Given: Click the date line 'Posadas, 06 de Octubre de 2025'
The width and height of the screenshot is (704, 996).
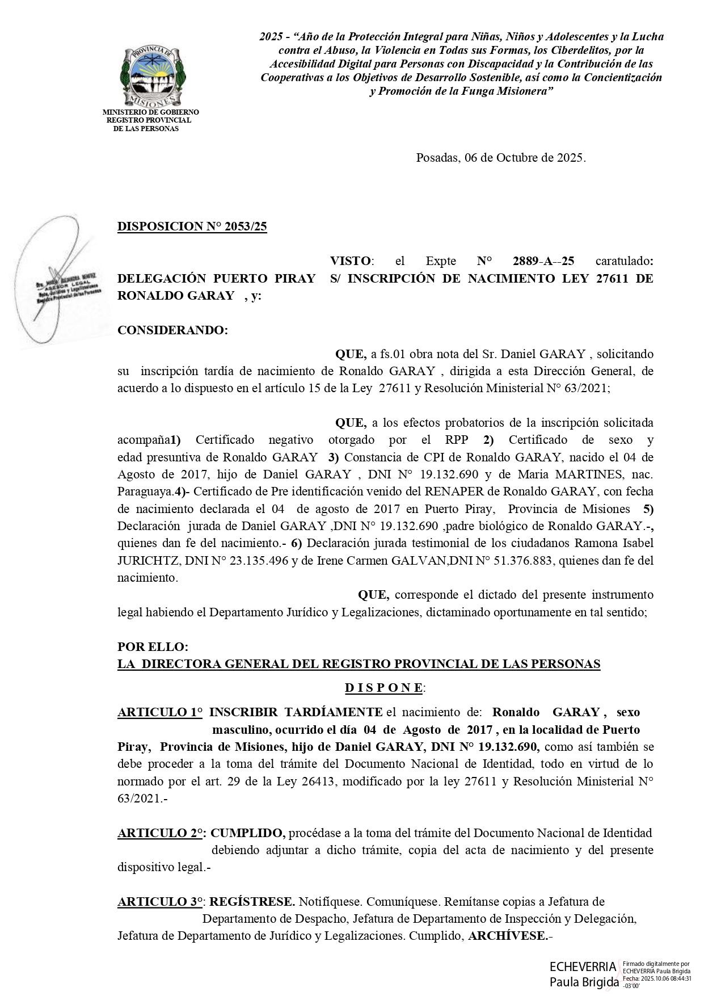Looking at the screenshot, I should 500,158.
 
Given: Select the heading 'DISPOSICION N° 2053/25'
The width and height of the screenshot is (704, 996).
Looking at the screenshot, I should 192,226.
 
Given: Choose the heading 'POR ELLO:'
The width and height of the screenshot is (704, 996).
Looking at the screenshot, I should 153,646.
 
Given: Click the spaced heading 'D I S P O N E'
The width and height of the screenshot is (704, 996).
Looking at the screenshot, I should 383,688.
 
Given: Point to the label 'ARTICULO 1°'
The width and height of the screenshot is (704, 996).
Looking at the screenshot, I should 159,712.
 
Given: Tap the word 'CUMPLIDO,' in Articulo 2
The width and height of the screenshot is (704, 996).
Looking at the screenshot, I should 248,833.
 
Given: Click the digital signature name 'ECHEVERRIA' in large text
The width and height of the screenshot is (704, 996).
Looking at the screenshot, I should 583,967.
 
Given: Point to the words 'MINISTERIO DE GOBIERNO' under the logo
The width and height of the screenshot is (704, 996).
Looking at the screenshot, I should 150,112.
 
